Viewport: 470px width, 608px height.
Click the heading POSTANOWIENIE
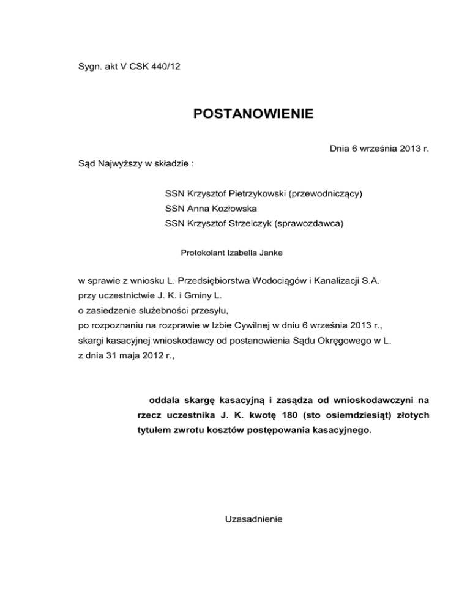point(253,114)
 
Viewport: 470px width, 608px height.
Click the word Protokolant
point(203,252)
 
